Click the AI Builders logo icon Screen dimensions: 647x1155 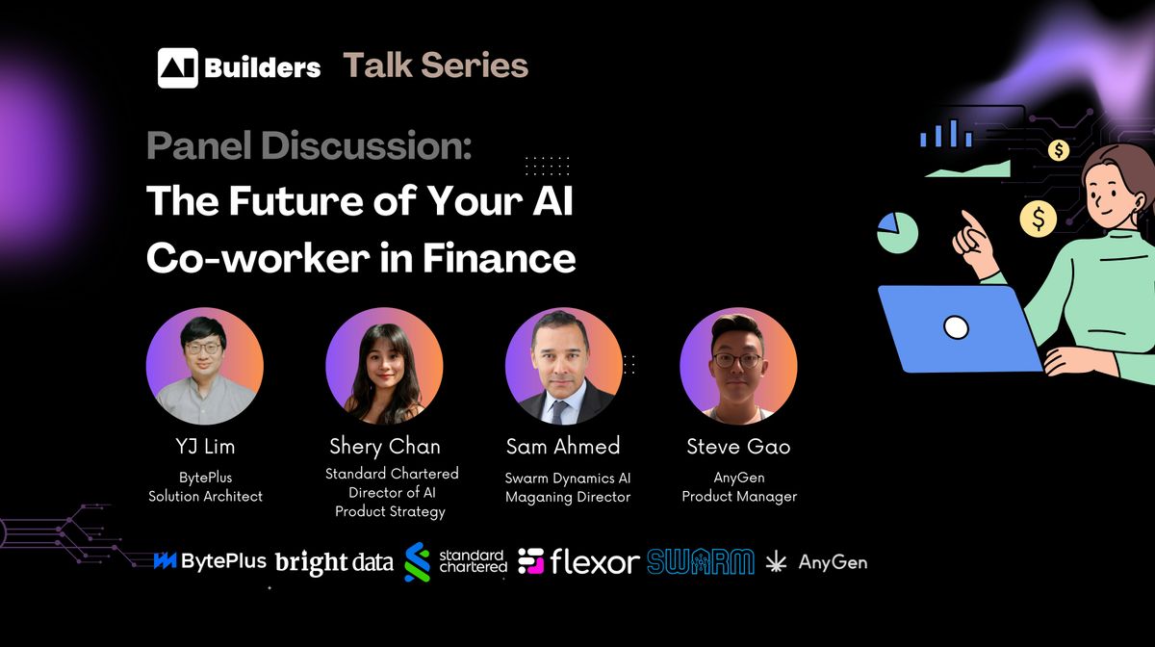tap(177, 67)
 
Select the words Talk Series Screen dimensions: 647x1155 tap(436, 65)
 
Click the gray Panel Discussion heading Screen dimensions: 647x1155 tap(309, 145)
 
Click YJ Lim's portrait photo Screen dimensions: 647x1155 tap(204, 367)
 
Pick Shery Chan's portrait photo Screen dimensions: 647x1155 tap(384, 367)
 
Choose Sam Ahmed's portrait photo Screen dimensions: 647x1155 tap(563, 367)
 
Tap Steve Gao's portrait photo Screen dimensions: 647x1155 tap(738, 367)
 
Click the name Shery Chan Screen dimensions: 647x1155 tap(385, 446)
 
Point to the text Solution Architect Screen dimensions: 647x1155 tap(205, 496)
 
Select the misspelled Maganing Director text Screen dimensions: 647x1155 tap(568, 497)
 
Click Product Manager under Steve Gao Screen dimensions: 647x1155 tap(739, 496)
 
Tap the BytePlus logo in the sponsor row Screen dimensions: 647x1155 tap(209, 561)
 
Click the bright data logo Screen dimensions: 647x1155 tap(334, 563)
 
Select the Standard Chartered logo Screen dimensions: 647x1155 tap(456, 562)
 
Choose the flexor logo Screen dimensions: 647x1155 tap(578, 561)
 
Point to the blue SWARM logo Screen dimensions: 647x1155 tap(700, 561)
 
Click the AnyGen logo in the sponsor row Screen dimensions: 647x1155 tap(816, 561)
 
